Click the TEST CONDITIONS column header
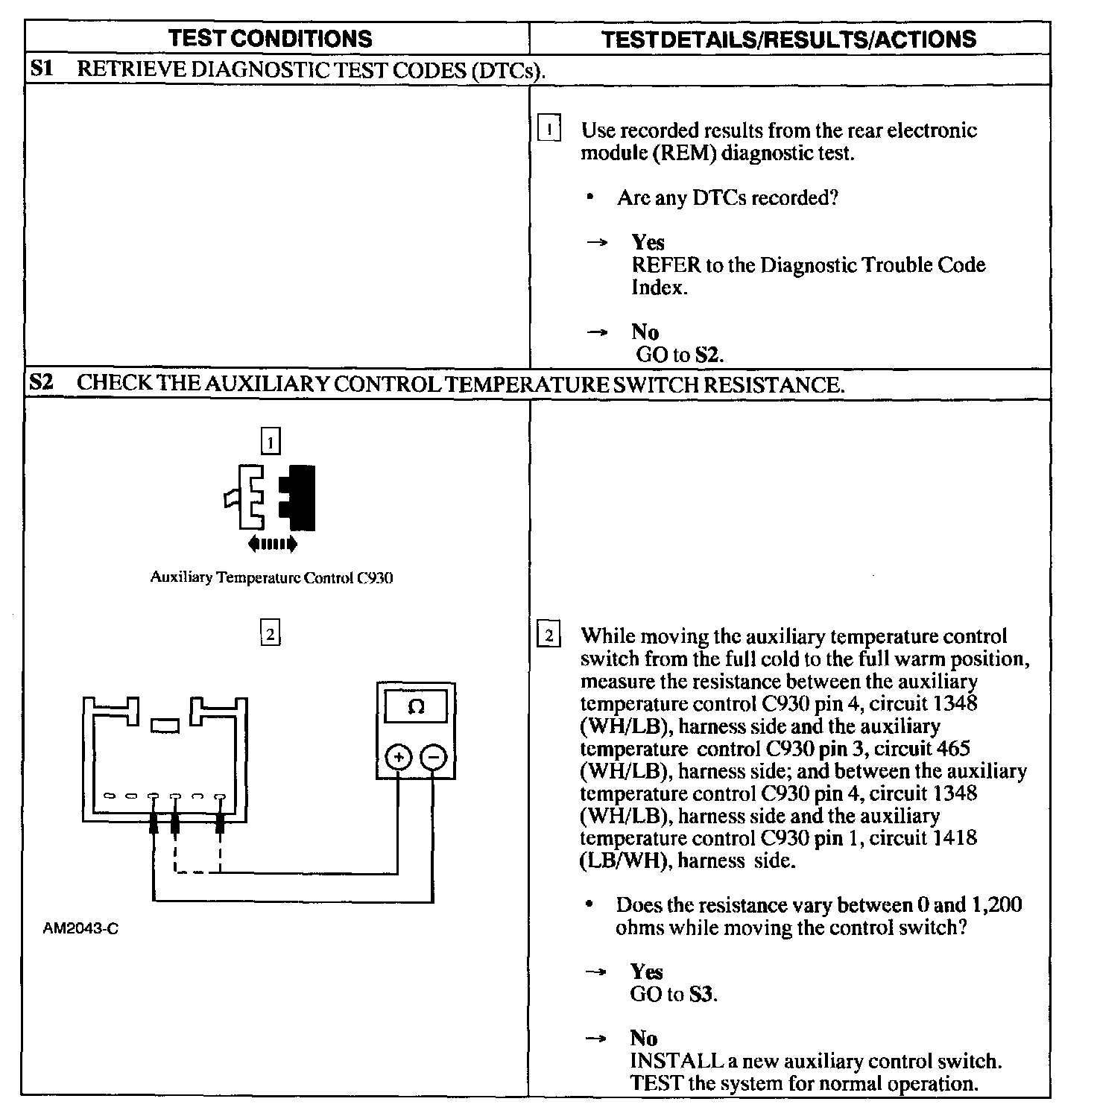(x=270, y=39)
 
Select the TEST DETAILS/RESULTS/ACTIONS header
(x=788, y=39)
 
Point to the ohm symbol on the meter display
(x=417, y=707)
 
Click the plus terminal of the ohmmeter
(x=399, y=758)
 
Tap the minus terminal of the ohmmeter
(x=433, y=758)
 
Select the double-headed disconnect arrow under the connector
(x=272, y=544)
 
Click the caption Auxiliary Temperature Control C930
(x=271, y=577)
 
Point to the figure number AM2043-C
(x=80, y=929)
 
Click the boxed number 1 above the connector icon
(x=270, y=443)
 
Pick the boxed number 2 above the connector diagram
(x=270, y=634)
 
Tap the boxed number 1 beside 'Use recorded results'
(x=549, y=130)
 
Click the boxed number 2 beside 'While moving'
(x=549, y=635)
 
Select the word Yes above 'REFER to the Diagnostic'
(x=648, y=242)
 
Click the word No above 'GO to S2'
(x=645, y=332)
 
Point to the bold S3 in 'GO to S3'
(x=701, y=995)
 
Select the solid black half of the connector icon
(x=300, y=498)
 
